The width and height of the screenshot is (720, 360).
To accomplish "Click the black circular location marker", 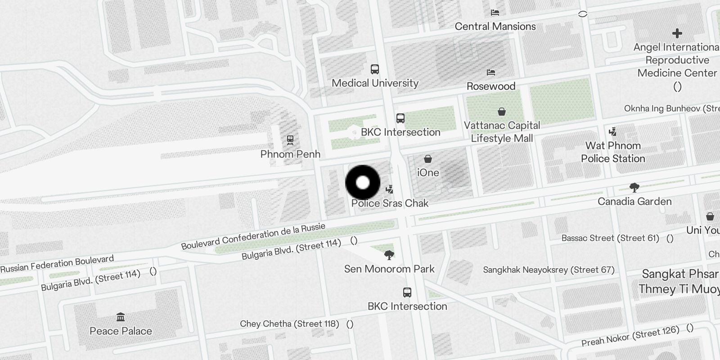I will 363,183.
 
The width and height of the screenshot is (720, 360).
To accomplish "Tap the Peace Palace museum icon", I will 121,317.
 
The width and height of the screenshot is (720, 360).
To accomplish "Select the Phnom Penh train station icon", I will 290,140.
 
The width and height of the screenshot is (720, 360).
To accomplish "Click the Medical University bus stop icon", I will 375,69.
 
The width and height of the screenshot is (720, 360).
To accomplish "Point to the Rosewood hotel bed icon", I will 491,72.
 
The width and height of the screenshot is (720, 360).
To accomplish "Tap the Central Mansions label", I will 495,27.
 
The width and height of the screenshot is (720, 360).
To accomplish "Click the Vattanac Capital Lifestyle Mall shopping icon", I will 502,111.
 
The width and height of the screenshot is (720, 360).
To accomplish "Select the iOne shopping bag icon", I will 428,159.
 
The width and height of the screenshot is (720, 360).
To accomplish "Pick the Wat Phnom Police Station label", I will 613,152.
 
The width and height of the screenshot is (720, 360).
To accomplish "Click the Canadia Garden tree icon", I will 634,187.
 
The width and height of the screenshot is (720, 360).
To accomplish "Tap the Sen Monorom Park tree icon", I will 389,256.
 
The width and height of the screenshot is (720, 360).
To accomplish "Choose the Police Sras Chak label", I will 390,203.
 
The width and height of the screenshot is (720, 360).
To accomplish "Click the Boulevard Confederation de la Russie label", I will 253,236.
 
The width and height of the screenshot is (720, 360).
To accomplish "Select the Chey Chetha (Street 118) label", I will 289,324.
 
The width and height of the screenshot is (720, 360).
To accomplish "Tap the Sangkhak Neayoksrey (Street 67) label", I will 549,270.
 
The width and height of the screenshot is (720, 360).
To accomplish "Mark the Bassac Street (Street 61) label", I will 610,238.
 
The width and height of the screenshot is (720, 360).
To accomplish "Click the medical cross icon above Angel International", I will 677,33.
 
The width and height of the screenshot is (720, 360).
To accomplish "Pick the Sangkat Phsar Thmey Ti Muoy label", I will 679,281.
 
